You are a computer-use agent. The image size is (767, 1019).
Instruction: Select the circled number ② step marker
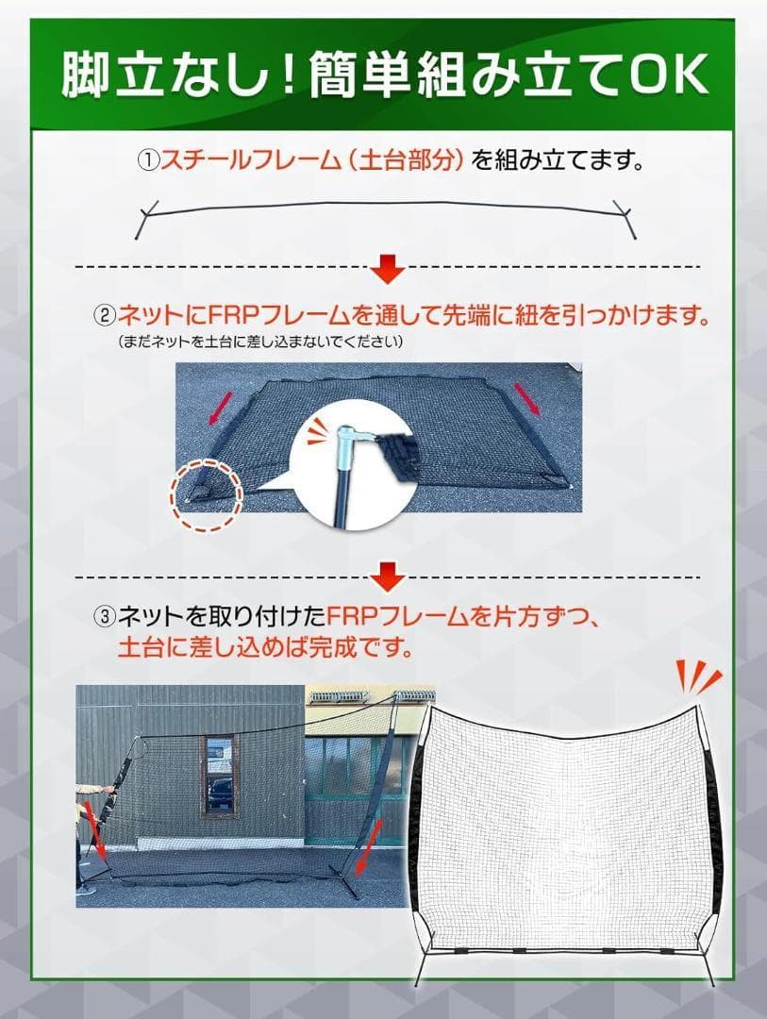click(104, 315)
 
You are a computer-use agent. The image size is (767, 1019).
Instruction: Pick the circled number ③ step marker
click(104, 618)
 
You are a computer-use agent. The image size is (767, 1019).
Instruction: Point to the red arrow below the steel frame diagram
click(387, 270)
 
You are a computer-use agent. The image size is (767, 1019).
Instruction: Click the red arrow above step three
click(387, 574)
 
